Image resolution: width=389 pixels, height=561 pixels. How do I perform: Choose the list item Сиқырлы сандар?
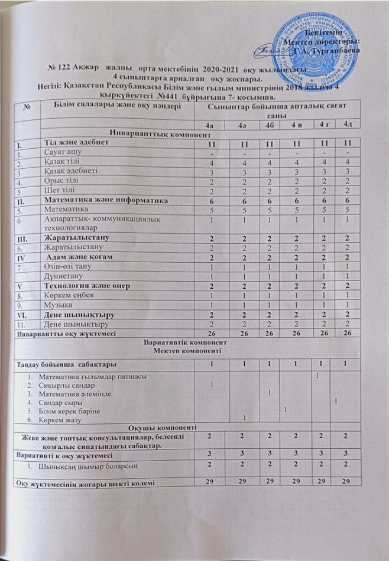pyautogui.click(x=66, y=384)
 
